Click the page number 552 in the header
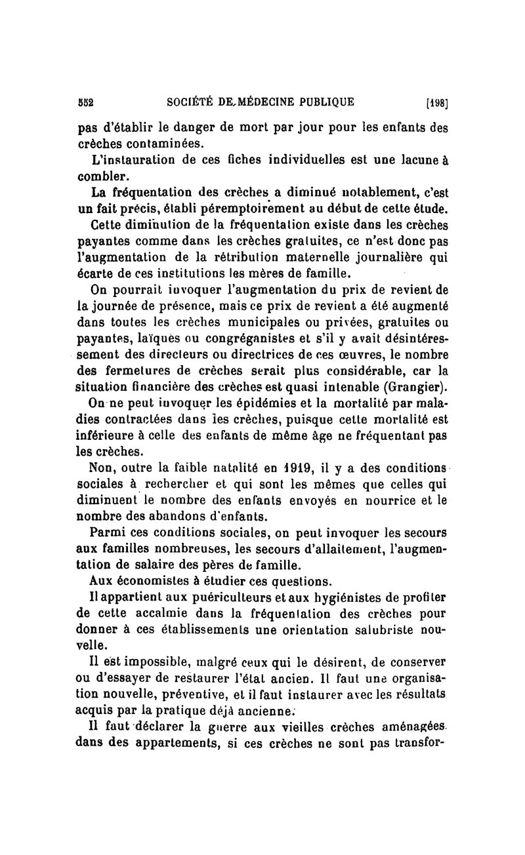(85, 102)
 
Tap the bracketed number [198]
(437, 102)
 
